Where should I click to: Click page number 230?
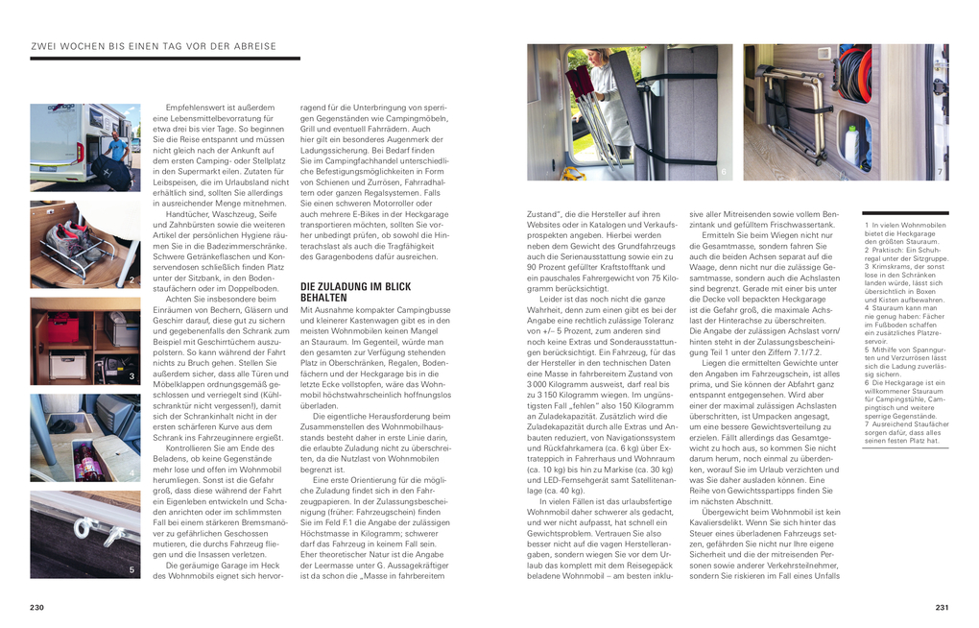[x=37, y=607]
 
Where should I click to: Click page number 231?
[x=942, y=607]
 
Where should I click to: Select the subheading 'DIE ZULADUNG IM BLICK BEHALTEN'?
[x=355, y=292]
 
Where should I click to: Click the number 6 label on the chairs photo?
[x=723, y=173]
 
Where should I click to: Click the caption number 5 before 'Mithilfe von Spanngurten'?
[x=867, y=350]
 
